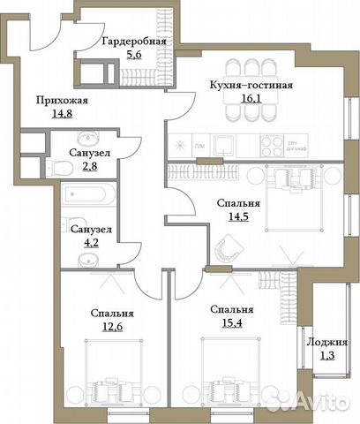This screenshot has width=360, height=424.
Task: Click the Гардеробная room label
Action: (133, 41)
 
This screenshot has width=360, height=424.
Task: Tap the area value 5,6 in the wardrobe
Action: (133, 55)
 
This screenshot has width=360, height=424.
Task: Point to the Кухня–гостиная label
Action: (251, 86)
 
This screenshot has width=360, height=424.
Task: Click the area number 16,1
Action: (251, 101)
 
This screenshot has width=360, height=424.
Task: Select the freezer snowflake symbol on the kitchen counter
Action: (180, 145)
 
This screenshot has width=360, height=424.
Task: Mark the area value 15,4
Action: (233, 325)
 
